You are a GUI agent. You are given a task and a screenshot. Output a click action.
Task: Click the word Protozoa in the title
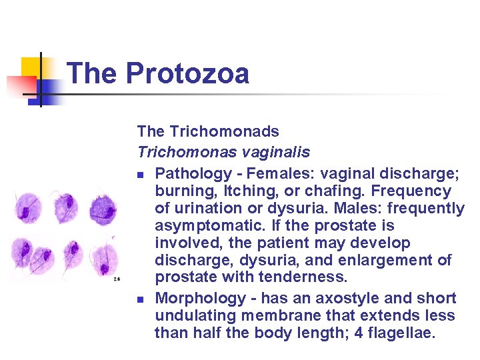(x=187, y=73)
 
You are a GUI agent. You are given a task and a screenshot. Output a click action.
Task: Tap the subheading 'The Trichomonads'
(x=208, y=132)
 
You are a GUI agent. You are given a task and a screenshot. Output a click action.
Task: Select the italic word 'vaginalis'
(x=274, y=152)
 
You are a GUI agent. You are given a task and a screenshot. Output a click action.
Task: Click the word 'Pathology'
(x=193, y=173)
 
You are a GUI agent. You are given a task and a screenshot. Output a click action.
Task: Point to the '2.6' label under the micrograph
(x=116, y=279)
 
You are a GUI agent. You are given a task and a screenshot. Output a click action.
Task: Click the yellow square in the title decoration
(x=31, y=67)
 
